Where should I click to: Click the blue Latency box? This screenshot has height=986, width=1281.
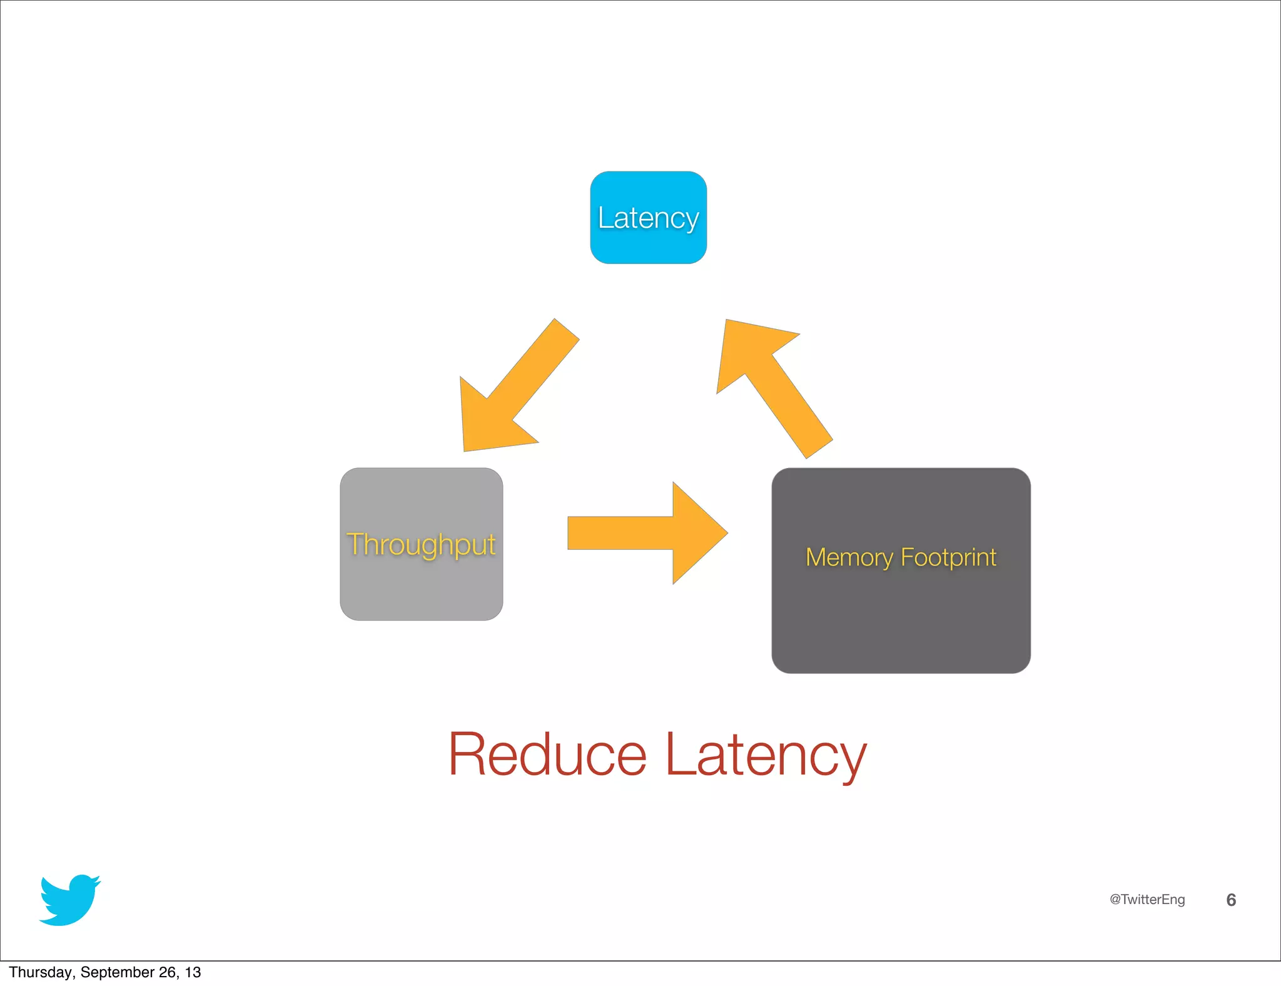pos(648,244)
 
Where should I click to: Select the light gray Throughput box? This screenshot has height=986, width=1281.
pos(421,588)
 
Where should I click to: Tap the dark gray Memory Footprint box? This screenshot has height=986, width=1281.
pos(901,619)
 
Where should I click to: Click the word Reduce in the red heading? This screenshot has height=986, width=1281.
pos(547,755)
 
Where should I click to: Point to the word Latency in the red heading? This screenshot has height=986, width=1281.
pos(766,755)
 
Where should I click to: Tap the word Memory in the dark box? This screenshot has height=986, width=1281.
pos(849,557)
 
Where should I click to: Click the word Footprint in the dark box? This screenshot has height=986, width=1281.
pos(948,557)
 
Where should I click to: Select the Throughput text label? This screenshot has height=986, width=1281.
pos(421,544)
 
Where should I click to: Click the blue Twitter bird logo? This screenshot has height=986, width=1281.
pos(69,901)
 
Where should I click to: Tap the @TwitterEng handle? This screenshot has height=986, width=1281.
pos(1147,900)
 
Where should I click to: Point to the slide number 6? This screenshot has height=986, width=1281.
pos(1230,900)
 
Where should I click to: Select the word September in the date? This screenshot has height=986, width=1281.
pos(118,972)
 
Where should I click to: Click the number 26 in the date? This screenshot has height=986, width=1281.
pos(168,972)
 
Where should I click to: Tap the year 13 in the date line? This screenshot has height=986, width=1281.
pos(193,972)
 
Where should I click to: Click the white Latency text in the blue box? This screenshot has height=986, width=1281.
pos(648,218)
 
